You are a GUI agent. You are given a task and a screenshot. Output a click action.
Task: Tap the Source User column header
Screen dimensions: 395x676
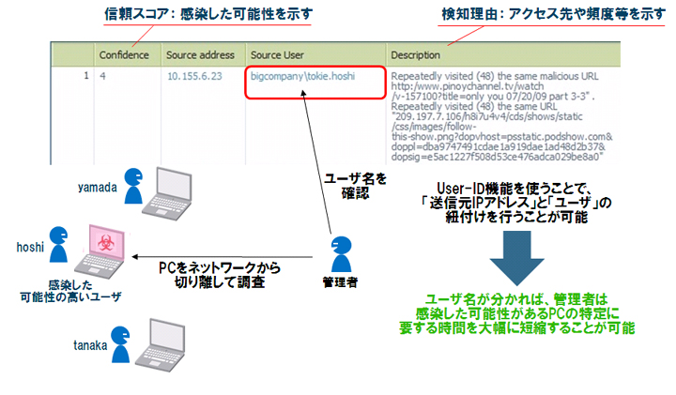(281, 54)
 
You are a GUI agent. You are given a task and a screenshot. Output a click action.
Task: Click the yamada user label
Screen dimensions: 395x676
(97, 186)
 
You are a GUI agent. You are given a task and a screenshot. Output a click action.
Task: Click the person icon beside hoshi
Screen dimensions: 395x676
(59, 243)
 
